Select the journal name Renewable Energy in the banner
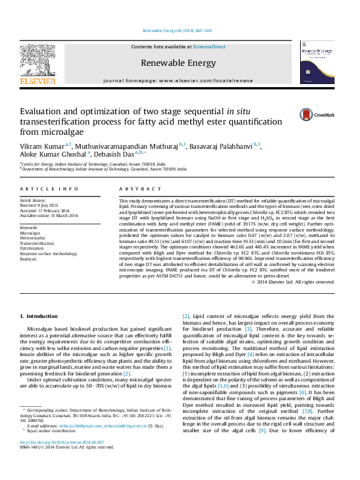coord(178,63)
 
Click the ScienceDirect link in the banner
coord(209,47)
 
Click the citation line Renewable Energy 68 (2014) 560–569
coord(177,30)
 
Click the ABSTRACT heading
coord(136,189)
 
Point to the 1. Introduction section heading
coord(39,316)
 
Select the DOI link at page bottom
coord(62,459)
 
